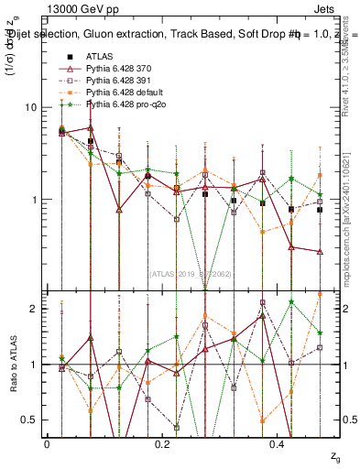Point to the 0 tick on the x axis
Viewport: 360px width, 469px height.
coord(47,443)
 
